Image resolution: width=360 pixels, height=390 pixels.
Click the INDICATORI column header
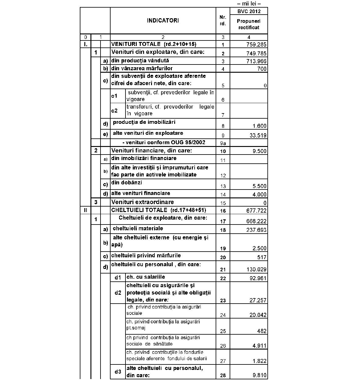[163, 21]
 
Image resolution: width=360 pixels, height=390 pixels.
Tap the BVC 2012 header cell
[249, 12]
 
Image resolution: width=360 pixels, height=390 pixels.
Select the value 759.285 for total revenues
[256, 45]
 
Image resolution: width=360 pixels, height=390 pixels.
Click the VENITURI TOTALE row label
[154, 44]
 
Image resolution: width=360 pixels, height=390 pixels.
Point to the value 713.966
[256, 61]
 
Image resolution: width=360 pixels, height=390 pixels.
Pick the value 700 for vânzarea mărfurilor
[262, 69]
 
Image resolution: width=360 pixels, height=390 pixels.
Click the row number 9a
[223, 143]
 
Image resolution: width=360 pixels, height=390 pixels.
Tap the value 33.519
[258, 136]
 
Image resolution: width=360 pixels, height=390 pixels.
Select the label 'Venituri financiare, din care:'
[151, 151]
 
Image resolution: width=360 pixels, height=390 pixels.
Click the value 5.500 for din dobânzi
[259, 186]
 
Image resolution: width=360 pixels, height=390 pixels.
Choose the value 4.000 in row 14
[259, 195]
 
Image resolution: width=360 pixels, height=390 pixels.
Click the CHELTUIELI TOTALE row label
[158, 210]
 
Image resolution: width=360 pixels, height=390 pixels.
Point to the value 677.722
[256, 211]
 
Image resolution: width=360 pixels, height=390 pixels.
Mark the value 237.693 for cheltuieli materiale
[256, 230]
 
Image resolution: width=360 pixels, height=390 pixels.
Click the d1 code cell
[118, 277]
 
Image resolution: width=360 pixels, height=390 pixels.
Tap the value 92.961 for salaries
[258, 278]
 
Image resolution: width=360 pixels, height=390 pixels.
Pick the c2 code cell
[114, 111]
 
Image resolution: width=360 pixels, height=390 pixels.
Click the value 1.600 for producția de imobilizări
[259, 126]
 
